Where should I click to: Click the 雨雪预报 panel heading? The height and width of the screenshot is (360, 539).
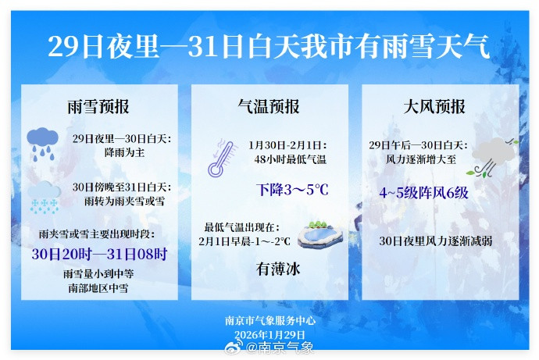(x=98, y=107)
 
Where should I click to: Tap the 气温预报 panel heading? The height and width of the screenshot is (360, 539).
(x=269, y=107)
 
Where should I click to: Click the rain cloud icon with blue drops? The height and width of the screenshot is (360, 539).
(x=43, y=144)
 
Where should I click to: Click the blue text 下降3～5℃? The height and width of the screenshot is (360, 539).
(x=292, y=190)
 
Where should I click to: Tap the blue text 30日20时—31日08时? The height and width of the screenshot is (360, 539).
(x=99, y=255)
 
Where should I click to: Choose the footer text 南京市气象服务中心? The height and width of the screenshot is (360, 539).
(x=269, y=320)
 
